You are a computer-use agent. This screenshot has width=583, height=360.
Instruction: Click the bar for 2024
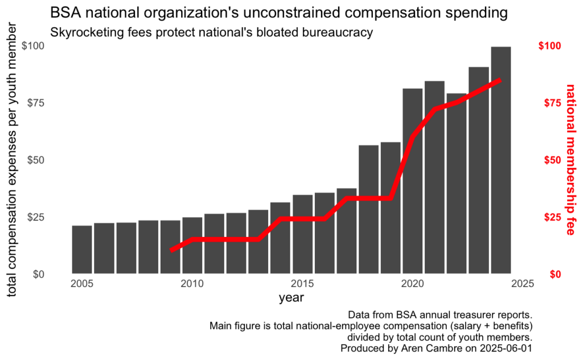pos(501,159)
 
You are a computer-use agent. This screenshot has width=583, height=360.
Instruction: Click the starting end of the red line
pos(172,249)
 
